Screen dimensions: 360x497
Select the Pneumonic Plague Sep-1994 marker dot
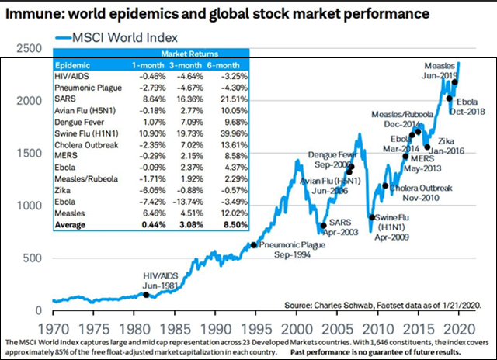coord(253,245)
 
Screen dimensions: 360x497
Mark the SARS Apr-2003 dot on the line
coord(322,227)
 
